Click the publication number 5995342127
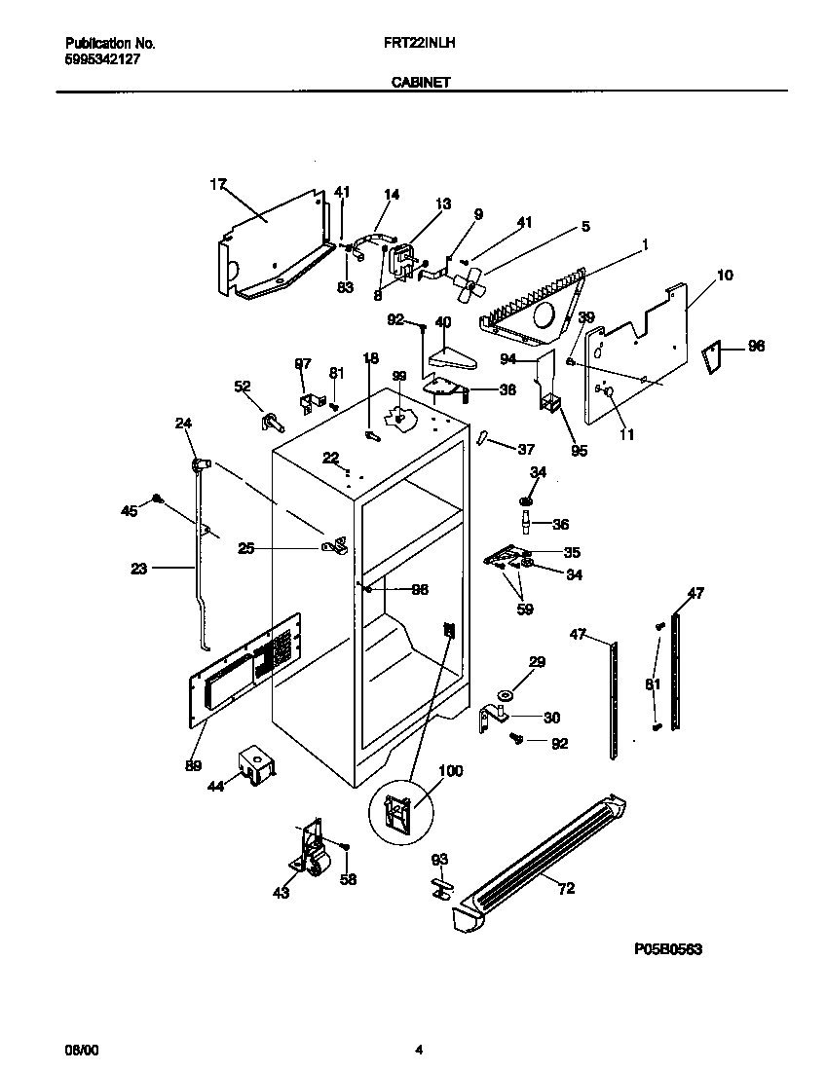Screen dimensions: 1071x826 point(104,58)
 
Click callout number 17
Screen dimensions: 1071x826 point(217,182)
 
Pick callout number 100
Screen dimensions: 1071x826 point(451,771)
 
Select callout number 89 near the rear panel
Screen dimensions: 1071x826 point(194,766)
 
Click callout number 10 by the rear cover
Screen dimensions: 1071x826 point(725,276)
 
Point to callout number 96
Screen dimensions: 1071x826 point(756,346)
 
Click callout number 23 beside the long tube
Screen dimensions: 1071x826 point(138,570)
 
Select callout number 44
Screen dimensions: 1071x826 point(216,786)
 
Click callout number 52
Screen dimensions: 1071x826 point(243,387)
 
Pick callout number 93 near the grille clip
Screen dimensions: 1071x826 point(439,859)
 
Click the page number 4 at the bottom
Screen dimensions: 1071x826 point(418,1051)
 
